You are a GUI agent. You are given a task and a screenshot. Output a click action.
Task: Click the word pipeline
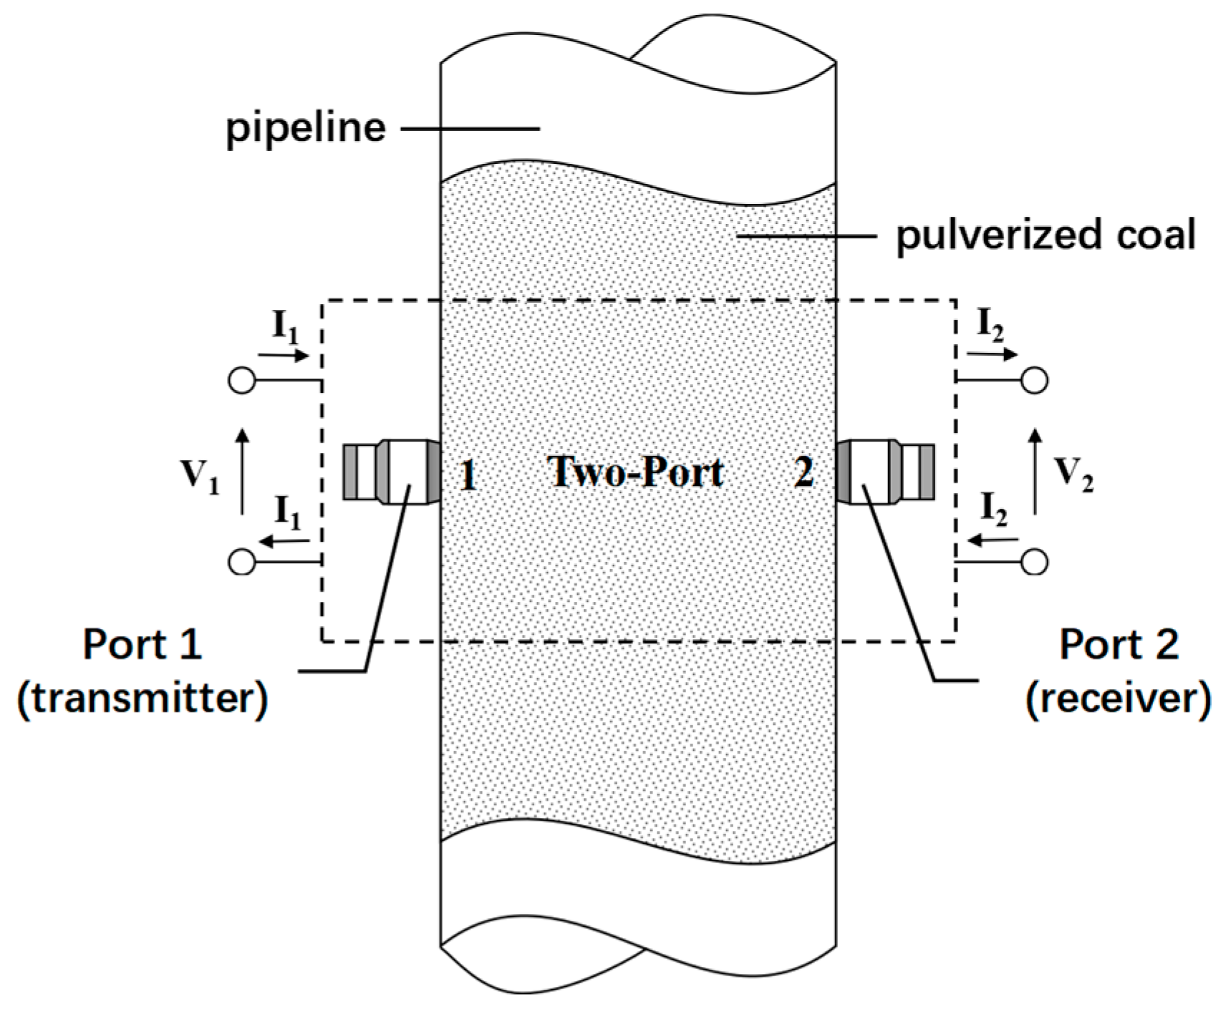click(x=306, y=129)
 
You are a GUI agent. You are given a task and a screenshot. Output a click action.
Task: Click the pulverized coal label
click(x=1045, y=235)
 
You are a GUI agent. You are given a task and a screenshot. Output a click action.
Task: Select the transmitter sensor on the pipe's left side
click(x=391, y=472)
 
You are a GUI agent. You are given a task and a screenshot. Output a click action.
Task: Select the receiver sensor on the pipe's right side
click(x=885, y=472)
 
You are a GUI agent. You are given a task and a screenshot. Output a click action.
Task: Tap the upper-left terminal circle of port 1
click(x=242, y=380)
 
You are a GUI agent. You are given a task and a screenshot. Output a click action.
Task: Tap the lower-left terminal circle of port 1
click(x=242, y=562)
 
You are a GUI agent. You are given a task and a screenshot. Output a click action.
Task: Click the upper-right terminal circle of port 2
click(x=1034, y=380)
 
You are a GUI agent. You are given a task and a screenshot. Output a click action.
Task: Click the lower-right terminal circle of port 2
click(x=1034, y=562)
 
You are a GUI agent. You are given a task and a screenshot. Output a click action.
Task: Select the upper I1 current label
click(x=286, y=327)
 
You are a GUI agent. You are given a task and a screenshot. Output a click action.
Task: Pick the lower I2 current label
click(x=993, y=509)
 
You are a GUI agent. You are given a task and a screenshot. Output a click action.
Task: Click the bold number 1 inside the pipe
click(x=468, y=475)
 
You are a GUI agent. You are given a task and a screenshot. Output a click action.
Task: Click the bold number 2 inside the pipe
click(x=804, y=472)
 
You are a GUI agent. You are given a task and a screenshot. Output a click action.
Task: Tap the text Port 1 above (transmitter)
click(x=142, y=645)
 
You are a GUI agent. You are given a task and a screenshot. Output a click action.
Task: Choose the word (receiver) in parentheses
click(x=1118, y=699)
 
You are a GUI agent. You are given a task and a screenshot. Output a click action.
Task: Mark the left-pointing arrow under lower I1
click(x=284, y=542)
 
